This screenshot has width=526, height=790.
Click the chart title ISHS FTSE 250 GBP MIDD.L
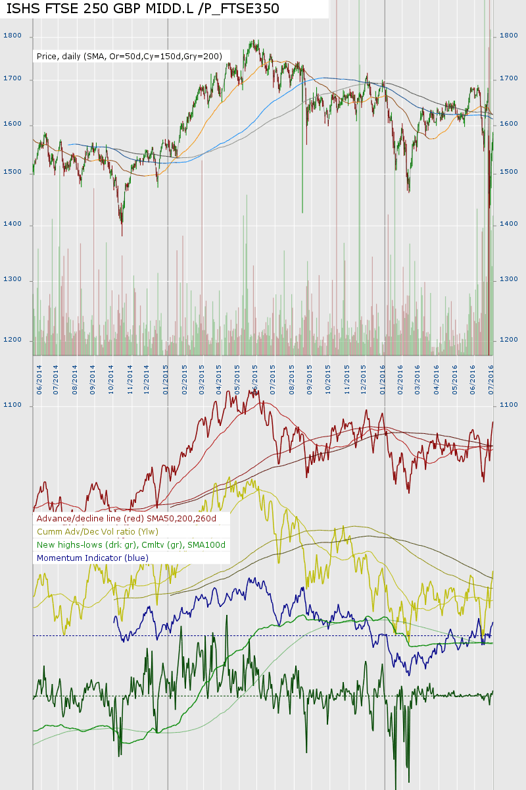[143, 9]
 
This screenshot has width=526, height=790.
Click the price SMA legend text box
[130, 57]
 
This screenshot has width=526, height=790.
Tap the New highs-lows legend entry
[131, 545]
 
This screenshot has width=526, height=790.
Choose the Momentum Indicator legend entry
[93, 558]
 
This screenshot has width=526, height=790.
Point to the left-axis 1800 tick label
[12, 36]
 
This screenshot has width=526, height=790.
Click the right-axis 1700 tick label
[509, 79]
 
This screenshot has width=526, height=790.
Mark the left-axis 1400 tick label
[12, 224]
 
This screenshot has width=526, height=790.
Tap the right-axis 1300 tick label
[509, 280]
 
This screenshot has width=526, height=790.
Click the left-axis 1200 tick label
[12, 340]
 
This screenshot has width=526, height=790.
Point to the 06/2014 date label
[39, 380]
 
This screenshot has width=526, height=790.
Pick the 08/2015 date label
[291, 380]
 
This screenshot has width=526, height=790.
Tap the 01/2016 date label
[382, 380]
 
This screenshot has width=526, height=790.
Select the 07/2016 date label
[490, 380]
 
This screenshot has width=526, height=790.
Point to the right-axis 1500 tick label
[509, 172]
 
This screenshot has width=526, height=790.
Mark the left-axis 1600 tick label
[12, 124]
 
